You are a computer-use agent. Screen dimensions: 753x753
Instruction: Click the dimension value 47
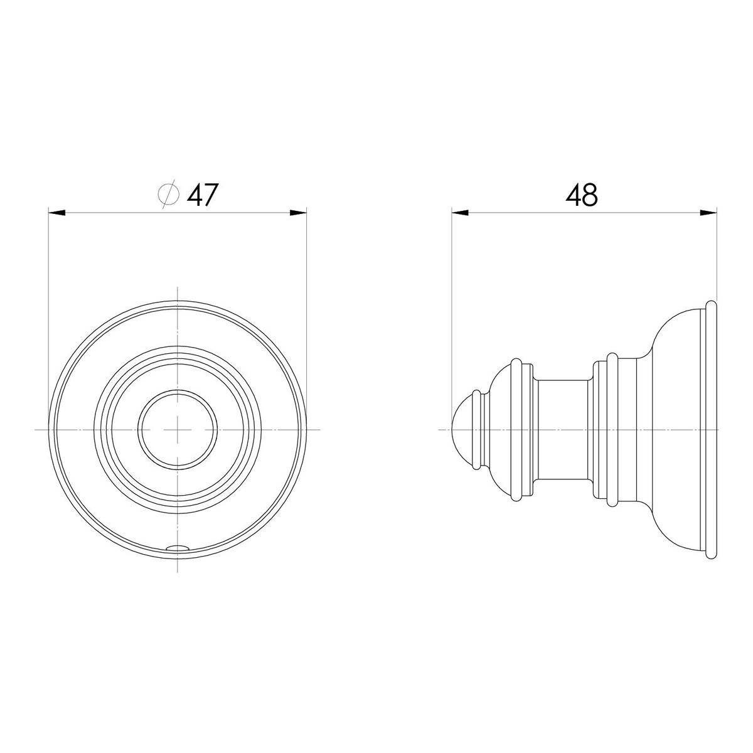tap(201, 195)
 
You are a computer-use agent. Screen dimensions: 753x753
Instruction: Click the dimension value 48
tap(581, 195)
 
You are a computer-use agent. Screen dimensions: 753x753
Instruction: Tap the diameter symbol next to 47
tap(168, 195)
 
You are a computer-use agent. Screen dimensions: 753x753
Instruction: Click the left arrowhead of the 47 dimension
tap(56, 213)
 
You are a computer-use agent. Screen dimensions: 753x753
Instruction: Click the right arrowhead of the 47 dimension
tap(298, 213)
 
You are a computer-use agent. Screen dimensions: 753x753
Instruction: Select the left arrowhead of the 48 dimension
tap(460, 213)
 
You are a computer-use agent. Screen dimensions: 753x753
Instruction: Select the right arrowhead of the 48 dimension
tap(708, 213)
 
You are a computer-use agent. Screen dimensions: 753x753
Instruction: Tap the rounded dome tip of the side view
tap(462, 429)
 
